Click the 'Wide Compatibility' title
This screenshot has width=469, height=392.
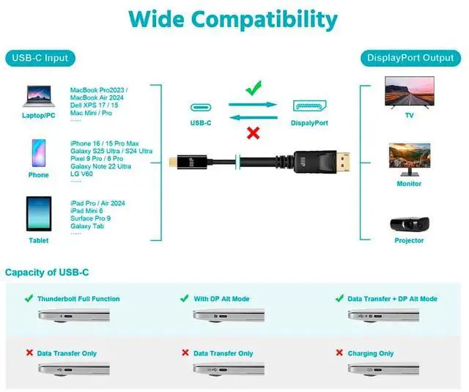point(234,19)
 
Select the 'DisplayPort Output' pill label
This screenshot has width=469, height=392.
point(410,58)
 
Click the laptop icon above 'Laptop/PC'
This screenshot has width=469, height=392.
point(39,96)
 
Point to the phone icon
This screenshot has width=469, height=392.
point(38,154)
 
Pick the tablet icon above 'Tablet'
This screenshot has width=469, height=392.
point(38,214)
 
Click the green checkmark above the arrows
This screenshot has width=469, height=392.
point(253,89)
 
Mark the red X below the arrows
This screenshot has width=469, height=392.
point(253,133)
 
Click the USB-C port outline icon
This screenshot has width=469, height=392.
point(200,106)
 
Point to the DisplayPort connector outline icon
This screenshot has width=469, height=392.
point(309,106)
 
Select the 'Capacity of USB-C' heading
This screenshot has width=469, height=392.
point(47,273)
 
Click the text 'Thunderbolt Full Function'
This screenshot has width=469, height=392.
point(78,299)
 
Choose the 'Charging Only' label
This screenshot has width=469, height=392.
point(370,353)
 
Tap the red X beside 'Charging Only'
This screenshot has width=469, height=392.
point(339,352)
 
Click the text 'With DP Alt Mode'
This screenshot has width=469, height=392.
point(221,299)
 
